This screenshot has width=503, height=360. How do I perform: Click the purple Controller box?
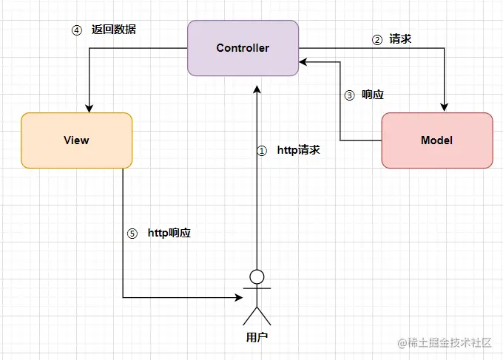tap(243, 48)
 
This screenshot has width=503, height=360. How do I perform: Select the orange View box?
tap(76, 140)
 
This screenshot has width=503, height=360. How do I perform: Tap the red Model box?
tap(436, 140)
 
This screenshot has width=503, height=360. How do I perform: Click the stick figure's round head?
tap(257, 277)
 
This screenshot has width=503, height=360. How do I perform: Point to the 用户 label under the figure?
tap(256, 338)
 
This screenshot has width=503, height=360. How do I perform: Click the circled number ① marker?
tap(261, 150)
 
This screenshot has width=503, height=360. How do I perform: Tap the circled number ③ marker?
tap(351, 95)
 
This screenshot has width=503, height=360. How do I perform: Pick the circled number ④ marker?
tap(75, 31)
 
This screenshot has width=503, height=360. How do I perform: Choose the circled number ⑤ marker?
tap(132, 233)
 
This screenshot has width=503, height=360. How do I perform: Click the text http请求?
tap(298, 150)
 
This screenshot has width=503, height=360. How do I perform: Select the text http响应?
tap(169, 233)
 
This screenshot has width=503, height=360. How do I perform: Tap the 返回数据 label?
tap(114, 31)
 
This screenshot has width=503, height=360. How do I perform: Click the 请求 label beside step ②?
tap(400, 40)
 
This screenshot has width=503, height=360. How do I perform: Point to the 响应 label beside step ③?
tap(373, 95)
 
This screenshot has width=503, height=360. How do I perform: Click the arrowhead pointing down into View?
tap(89, 107)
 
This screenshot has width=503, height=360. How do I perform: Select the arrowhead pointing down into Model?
tap(445, 107)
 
